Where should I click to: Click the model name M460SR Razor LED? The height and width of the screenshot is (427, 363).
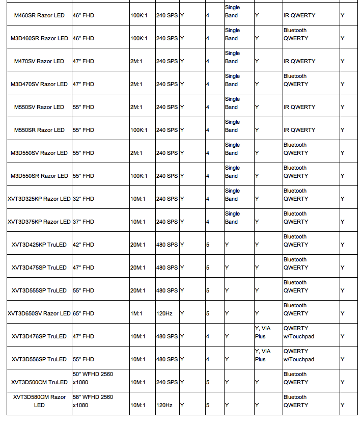pos(39,15)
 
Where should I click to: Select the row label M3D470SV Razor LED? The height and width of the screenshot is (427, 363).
pos(39,84)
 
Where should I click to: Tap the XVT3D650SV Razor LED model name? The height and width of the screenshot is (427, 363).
pos(39,313)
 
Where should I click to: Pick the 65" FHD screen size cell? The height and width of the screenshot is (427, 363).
pos(83,313)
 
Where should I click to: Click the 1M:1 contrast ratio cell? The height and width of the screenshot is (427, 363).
pos(136,313)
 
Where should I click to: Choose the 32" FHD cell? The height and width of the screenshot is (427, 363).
pos(83,199)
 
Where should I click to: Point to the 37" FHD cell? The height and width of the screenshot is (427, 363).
pos(83,222)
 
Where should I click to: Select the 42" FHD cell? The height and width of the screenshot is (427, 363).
pos(83,245)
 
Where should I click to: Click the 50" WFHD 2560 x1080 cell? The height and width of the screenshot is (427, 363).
pos(93,378)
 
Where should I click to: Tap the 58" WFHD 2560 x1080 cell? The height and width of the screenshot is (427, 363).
pos(93,401)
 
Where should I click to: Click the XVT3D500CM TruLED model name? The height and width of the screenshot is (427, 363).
pos(39,382)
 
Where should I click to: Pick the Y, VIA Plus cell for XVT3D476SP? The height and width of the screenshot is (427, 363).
pos(263,332)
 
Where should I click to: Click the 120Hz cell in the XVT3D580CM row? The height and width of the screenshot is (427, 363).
pos(164,405)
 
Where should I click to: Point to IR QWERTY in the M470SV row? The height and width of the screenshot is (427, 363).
pos(299,61)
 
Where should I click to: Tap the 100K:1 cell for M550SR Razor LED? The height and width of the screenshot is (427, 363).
pos(138,130)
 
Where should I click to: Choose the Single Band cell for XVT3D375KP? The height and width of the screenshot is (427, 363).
pos(232,218)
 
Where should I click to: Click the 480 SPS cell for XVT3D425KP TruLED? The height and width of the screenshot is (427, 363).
pos(167,245)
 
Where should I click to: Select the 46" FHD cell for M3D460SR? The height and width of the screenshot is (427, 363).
pos(83,38)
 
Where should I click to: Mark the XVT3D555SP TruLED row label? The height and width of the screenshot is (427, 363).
pos(39,290)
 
